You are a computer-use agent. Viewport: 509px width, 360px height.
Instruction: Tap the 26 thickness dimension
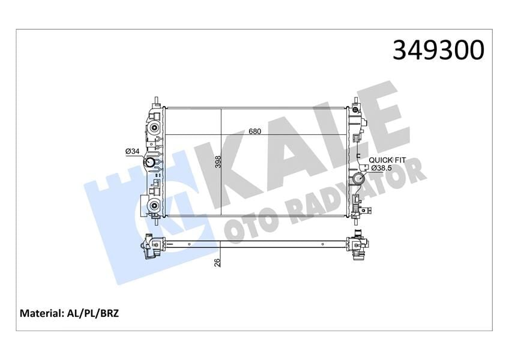point(218,262)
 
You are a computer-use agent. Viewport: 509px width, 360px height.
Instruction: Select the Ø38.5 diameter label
point(382,167)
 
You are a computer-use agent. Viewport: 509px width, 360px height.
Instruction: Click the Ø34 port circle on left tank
point(148,164)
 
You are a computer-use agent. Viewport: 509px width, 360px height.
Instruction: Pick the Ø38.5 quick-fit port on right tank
point(359,179)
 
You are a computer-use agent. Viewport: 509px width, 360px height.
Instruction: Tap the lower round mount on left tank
point(154,207)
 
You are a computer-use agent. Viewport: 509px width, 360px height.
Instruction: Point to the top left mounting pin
point(156,100)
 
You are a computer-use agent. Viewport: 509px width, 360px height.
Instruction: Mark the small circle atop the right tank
point(357,110)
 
